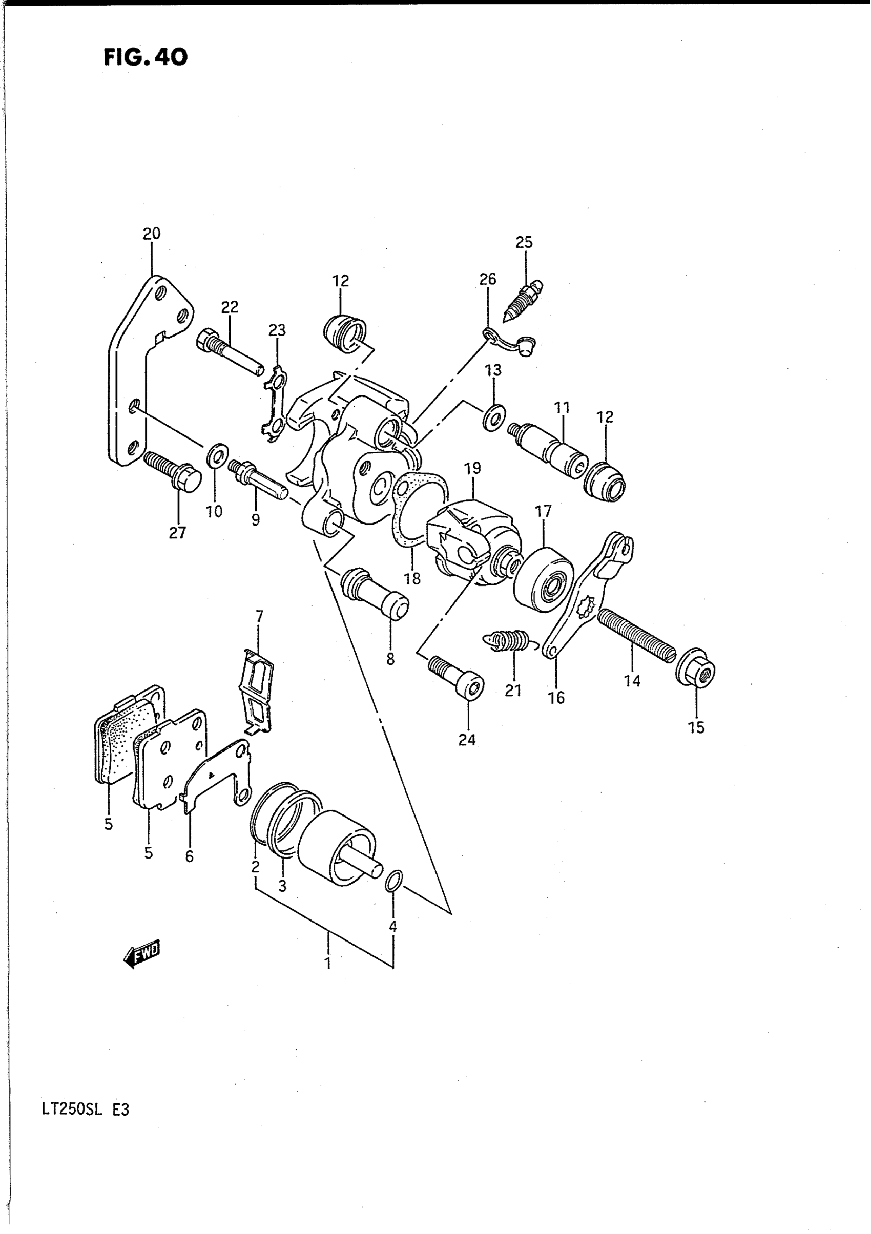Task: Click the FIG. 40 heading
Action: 145,57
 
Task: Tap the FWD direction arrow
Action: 142,955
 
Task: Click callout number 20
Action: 152,234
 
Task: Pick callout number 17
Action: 543,511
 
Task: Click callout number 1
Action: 327,961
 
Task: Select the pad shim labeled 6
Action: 215,777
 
